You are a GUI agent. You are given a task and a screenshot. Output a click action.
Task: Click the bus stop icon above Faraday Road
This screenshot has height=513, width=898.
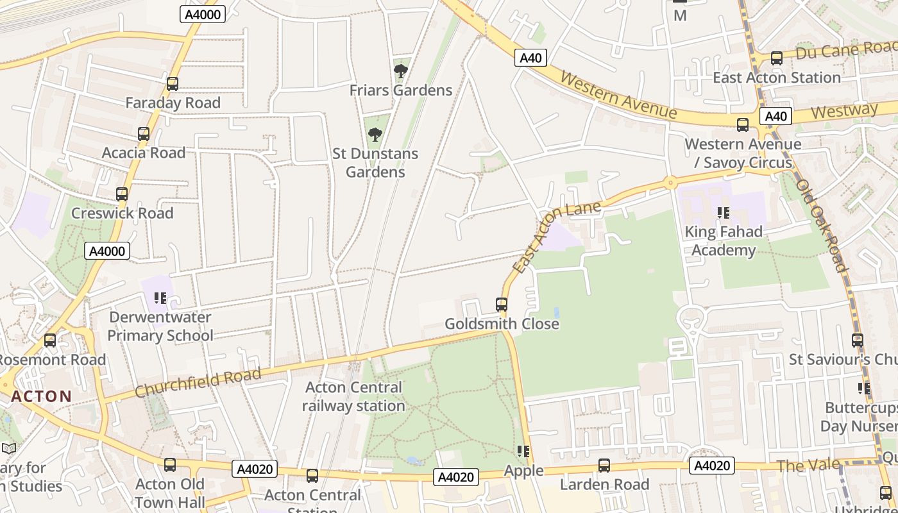tap(172, 84)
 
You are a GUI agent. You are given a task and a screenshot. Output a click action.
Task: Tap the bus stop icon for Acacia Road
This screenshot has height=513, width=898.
tap(144, 134)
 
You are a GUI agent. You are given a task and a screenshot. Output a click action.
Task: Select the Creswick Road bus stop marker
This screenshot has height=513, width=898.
tap(122, 194)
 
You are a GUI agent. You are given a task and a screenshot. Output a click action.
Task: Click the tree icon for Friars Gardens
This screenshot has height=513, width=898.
tap(401, 71)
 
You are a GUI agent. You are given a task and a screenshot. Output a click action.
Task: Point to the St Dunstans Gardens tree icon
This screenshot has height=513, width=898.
tap(375, 135)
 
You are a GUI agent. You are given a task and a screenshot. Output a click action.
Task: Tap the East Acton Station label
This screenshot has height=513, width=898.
tap(776, 78)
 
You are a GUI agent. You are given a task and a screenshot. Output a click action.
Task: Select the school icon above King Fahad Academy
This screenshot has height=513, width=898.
tap(724, 213)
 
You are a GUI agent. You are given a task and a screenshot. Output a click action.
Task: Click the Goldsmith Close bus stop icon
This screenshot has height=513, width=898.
tap(502, 305)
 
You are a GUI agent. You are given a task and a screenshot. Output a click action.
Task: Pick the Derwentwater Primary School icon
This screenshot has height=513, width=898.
tap(160, 298)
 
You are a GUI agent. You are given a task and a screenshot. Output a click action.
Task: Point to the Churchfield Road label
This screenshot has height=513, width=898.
tap(198, 382)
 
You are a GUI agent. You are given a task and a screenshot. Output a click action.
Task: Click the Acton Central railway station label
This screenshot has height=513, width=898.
tap(353, 396)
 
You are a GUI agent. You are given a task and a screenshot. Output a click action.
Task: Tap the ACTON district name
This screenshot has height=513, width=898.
tap(42, 396)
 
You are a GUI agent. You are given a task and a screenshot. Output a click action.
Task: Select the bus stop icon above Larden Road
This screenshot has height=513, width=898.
tap(604, 466)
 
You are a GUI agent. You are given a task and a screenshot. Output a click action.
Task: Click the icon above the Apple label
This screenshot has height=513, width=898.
tap(523, 452)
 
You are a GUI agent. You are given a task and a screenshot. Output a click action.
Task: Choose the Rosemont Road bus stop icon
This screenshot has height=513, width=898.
tap(50, 341)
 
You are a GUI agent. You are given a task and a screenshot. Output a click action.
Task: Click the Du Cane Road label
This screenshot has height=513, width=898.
tap(845, 50)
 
